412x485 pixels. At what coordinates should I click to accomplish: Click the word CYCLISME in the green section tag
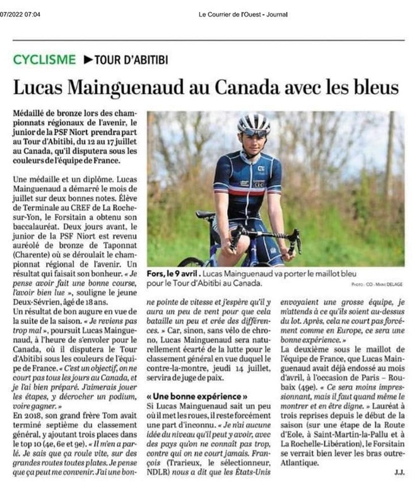click(x=44, y=59)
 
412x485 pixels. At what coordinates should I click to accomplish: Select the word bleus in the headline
click(x=374, y=87)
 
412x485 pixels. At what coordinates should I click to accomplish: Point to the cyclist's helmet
click(x=254, y=123)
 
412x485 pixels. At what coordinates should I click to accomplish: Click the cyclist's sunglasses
click(x=254, y=133)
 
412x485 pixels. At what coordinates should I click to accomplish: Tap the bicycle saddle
click(x=206, y=215)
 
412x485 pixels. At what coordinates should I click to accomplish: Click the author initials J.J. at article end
click(x=399, y=470)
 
